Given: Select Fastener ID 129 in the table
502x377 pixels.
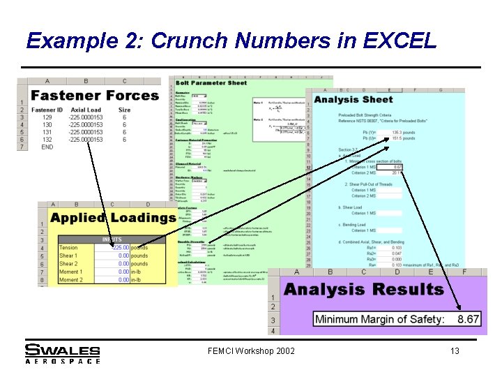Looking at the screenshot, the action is (47, 117).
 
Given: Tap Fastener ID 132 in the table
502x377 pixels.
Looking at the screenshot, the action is (47, 140).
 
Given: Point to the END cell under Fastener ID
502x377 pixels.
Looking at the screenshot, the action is (47, 147).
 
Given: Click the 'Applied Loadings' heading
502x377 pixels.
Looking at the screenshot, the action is (113, 218).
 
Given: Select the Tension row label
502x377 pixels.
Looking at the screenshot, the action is (68, 248).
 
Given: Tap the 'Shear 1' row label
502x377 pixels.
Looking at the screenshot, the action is (68, 256).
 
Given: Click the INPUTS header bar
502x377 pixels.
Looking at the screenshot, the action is (112, 239).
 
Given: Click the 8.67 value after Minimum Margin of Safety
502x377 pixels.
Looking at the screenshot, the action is (468, 319).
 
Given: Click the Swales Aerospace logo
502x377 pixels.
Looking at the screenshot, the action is (63, 353).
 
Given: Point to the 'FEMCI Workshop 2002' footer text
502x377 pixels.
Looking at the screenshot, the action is (251, 351).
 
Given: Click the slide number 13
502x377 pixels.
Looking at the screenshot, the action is (455, 351).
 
